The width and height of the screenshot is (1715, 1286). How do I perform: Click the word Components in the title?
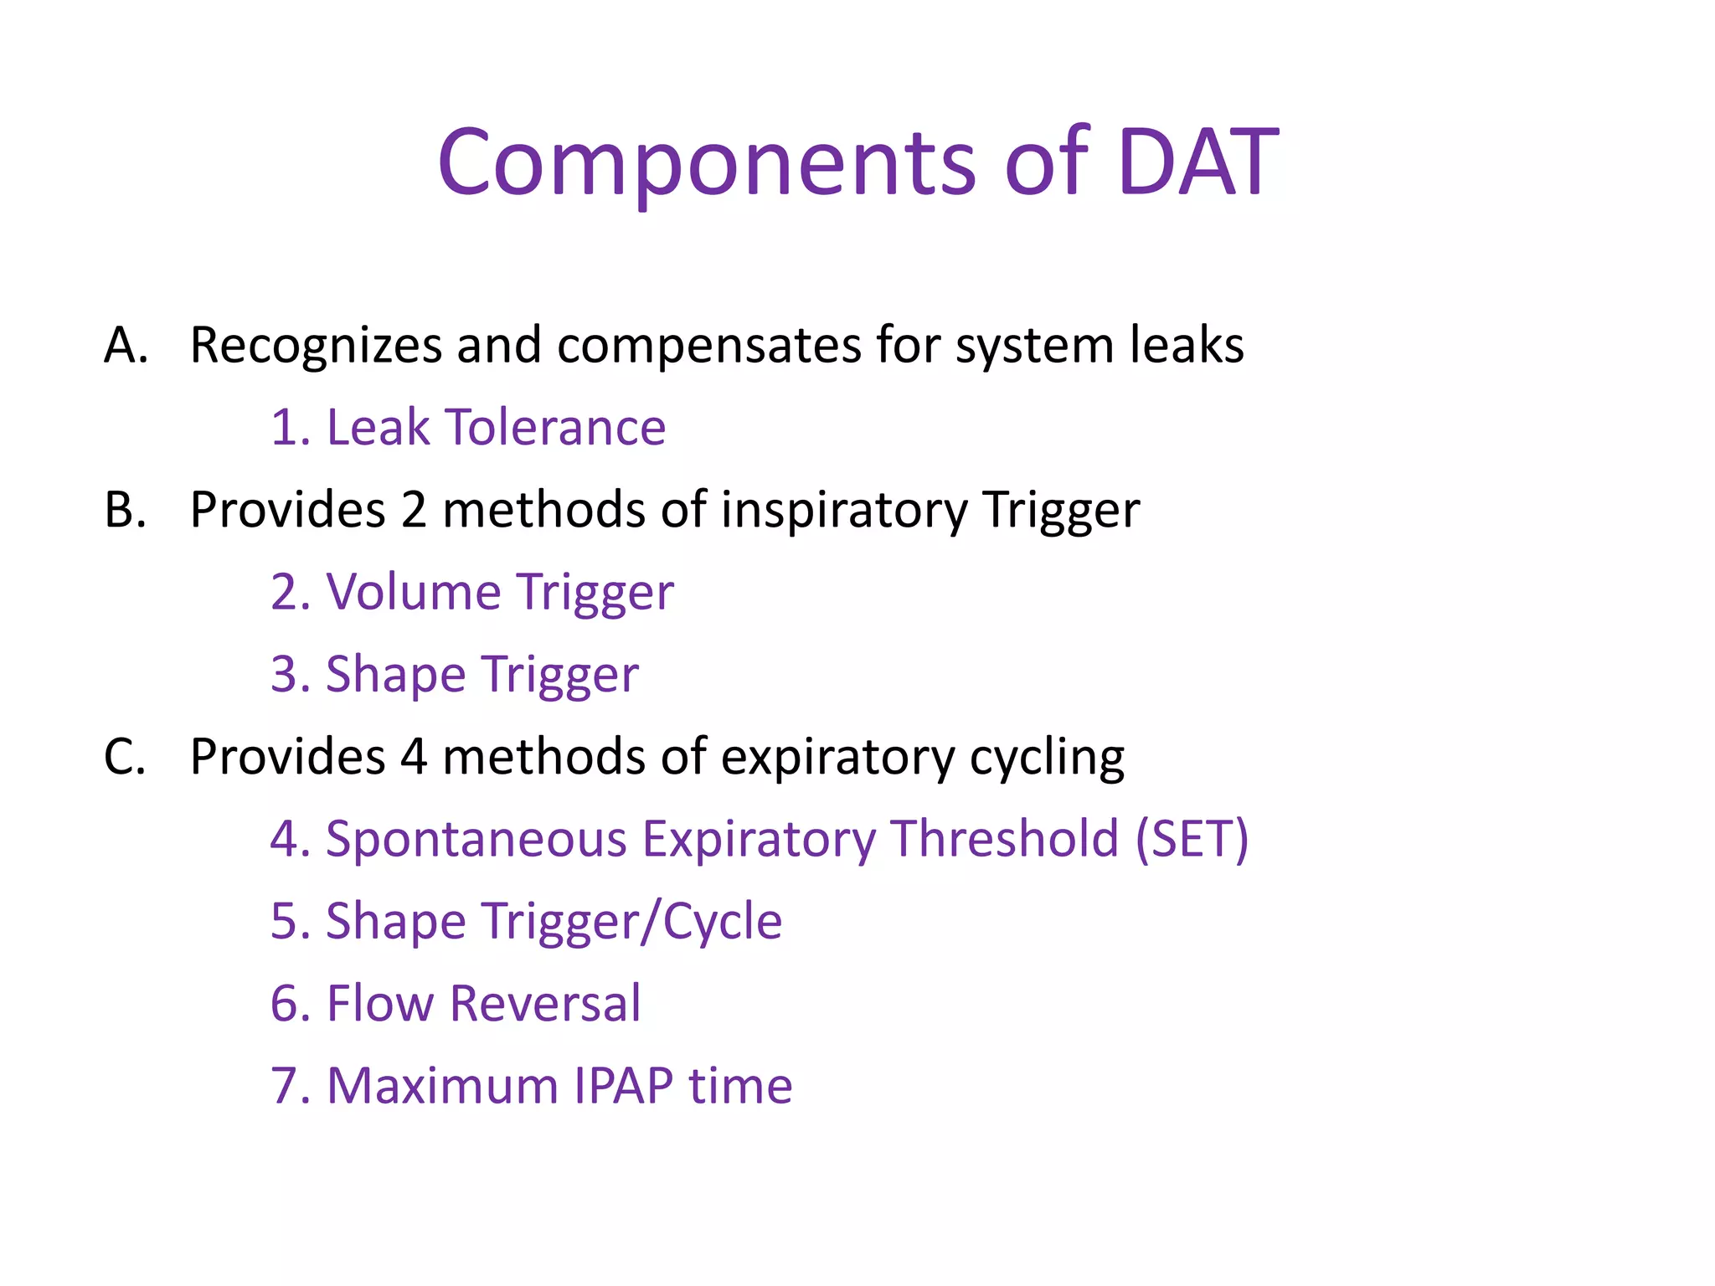pos(706,163)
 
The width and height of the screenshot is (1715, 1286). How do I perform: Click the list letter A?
pos(126,345)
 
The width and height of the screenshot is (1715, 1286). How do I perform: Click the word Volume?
pos(413,592)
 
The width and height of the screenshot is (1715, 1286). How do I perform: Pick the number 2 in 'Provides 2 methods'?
pos(413,509)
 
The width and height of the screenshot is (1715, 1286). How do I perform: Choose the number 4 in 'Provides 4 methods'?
pos(413,757)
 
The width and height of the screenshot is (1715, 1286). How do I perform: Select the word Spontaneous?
pos(476,839)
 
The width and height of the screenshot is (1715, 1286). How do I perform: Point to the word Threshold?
pos(1004,839)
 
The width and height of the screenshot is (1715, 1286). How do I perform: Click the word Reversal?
pos(545,1003)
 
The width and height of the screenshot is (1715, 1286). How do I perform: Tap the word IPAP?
pos(623,1086)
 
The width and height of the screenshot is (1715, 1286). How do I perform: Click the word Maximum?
pos(441,1086)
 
